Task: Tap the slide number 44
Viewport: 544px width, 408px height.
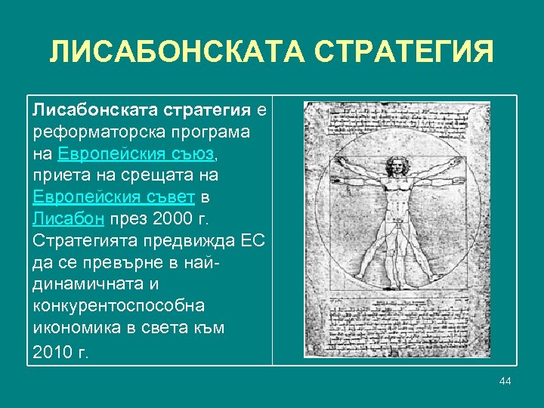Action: (505, 380)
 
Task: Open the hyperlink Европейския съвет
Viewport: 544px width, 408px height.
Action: (114, 198)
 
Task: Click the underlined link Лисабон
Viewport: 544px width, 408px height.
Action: (66, 220)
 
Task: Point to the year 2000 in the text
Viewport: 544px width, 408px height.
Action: (173, 220)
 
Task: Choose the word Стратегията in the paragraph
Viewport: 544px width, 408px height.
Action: (82, 242)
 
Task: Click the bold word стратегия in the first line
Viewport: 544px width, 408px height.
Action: (206, 110)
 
